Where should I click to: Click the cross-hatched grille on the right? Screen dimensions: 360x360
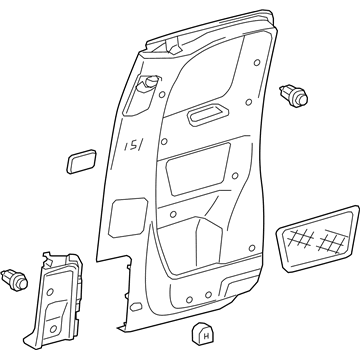click(x=315, y=236)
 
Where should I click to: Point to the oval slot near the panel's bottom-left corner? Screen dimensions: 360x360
click(x=131, y=301)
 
